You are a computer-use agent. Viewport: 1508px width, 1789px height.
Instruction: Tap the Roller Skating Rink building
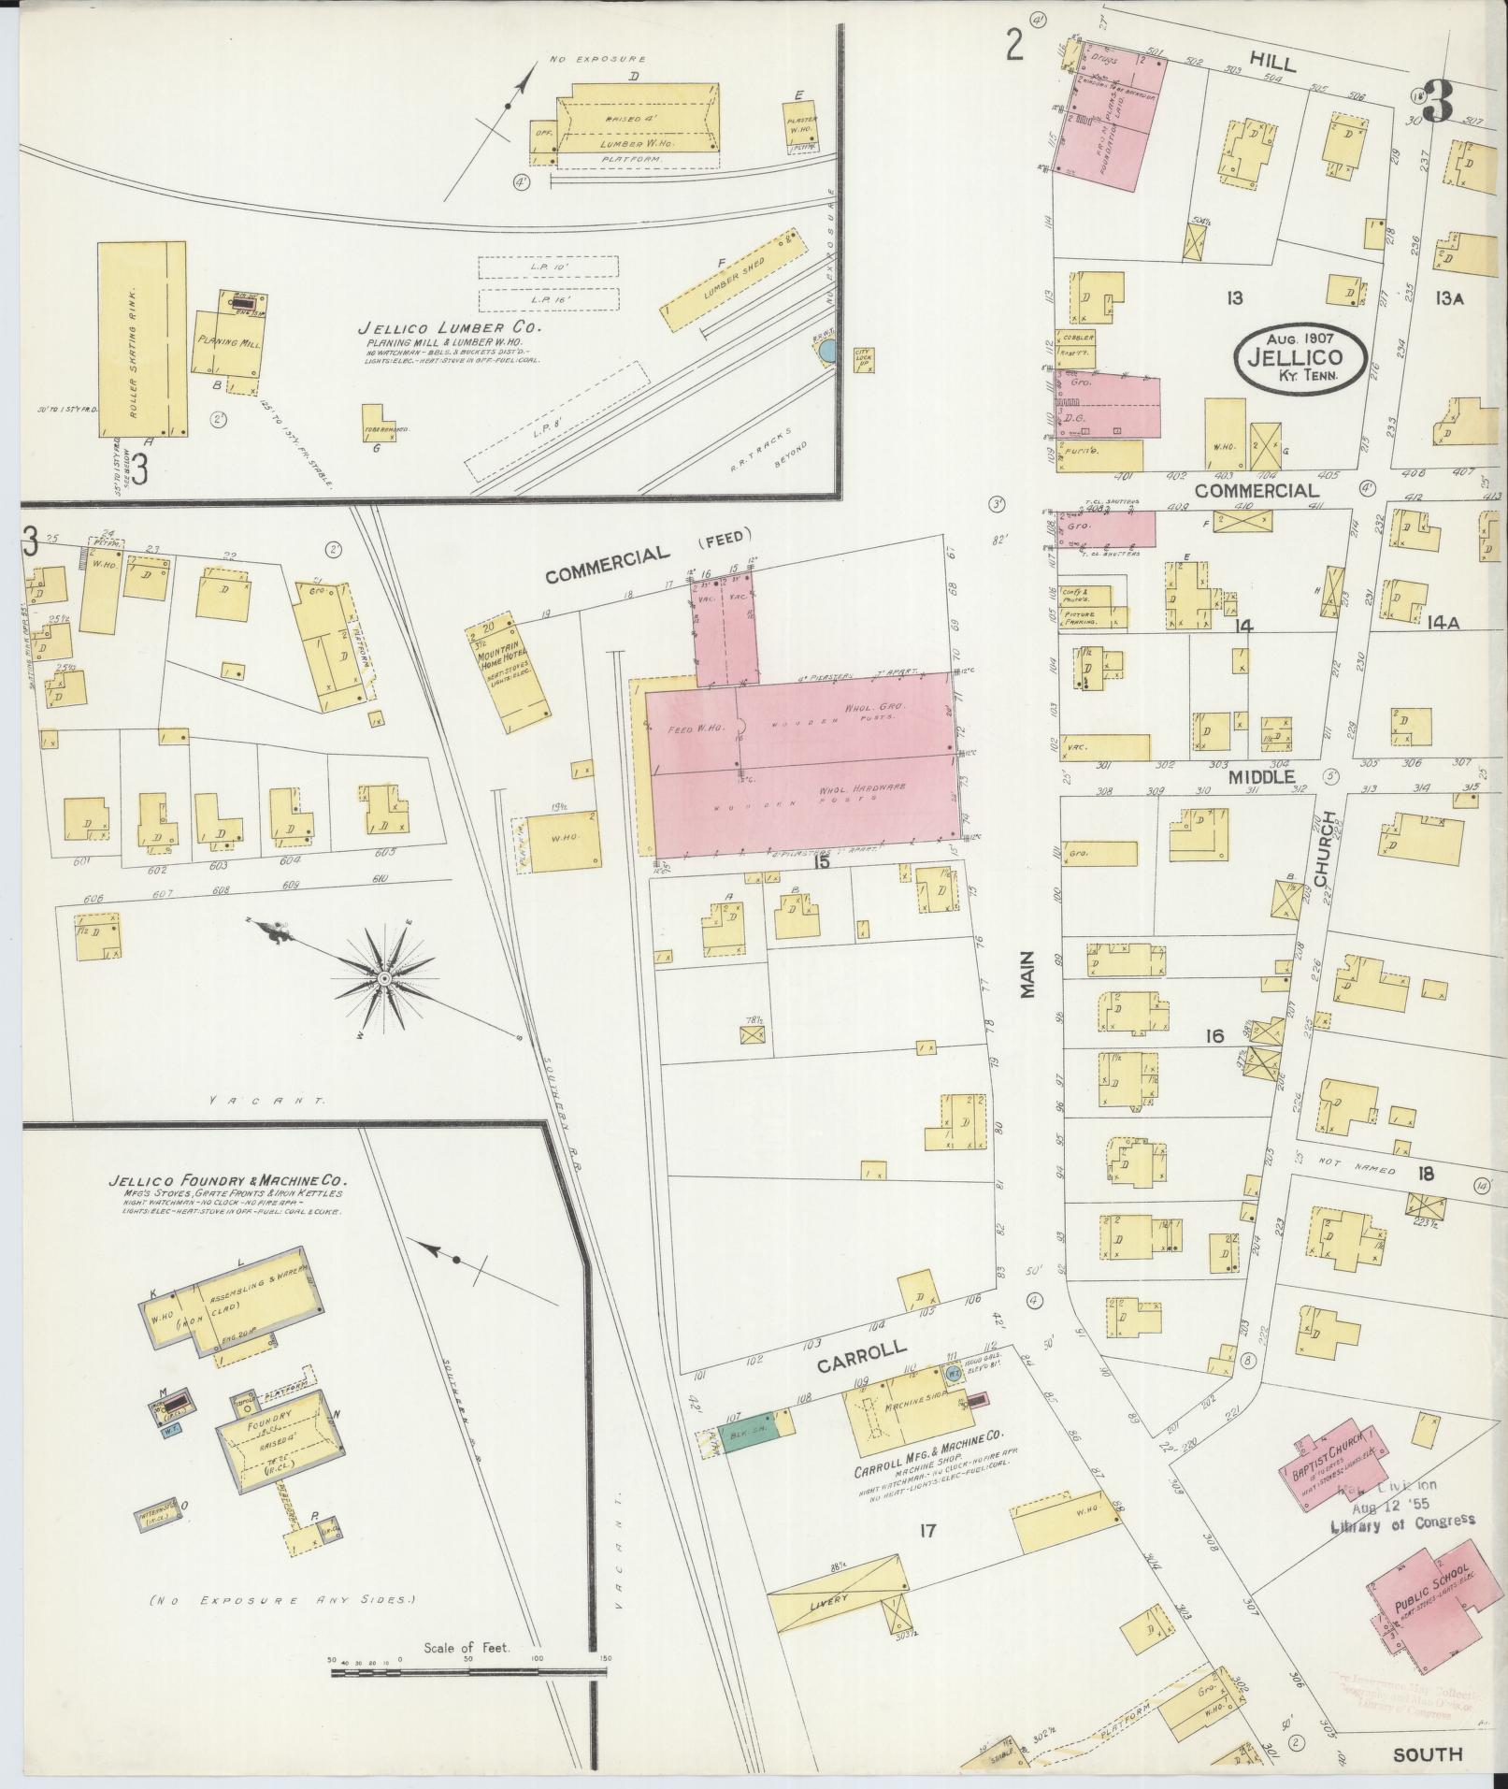click(x=142, y=339)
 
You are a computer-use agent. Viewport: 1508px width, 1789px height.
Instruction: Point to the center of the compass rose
click(x=383, y=978)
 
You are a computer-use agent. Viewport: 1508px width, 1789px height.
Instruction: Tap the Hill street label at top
click(x=1270, y=64)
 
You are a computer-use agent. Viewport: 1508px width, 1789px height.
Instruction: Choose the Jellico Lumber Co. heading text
click(x=449, y=329)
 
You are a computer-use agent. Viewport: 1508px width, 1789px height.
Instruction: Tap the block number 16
click(x=1214, y=1036)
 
